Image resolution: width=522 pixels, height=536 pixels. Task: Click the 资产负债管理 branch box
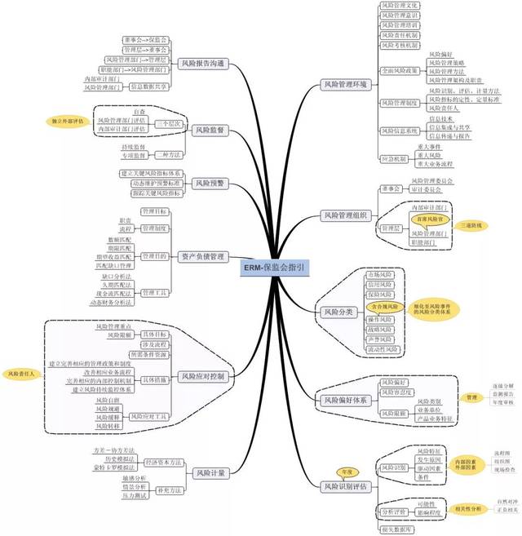coord(201,256)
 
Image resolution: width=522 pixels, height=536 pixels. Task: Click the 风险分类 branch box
coord(335,311)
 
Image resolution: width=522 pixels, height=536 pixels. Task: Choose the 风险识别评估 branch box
coord(347,487)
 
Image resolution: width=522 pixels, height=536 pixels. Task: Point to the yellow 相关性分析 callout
coord(467,509)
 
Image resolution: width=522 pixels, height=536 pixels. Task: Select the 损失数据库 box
coord(396,529)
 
